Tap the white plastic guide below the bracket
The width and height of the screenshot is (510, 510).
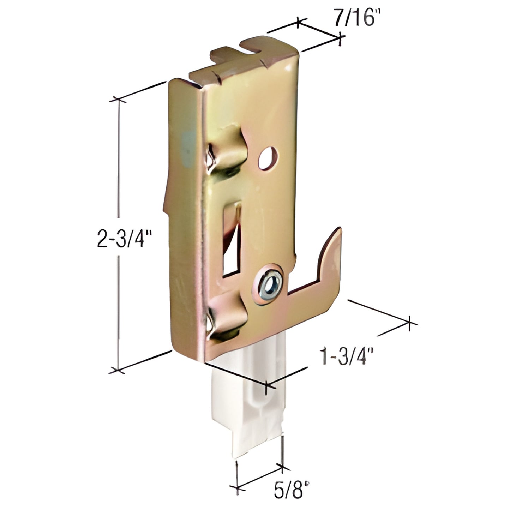coord(247,406)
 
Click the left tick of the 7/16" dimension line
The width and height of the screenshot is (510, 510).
coord(299,23)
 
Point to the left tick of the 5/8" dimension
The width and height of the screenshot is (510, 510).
coord(238,489)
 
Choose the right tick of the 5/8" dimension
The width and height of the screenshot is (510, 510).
coord(282,468)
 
